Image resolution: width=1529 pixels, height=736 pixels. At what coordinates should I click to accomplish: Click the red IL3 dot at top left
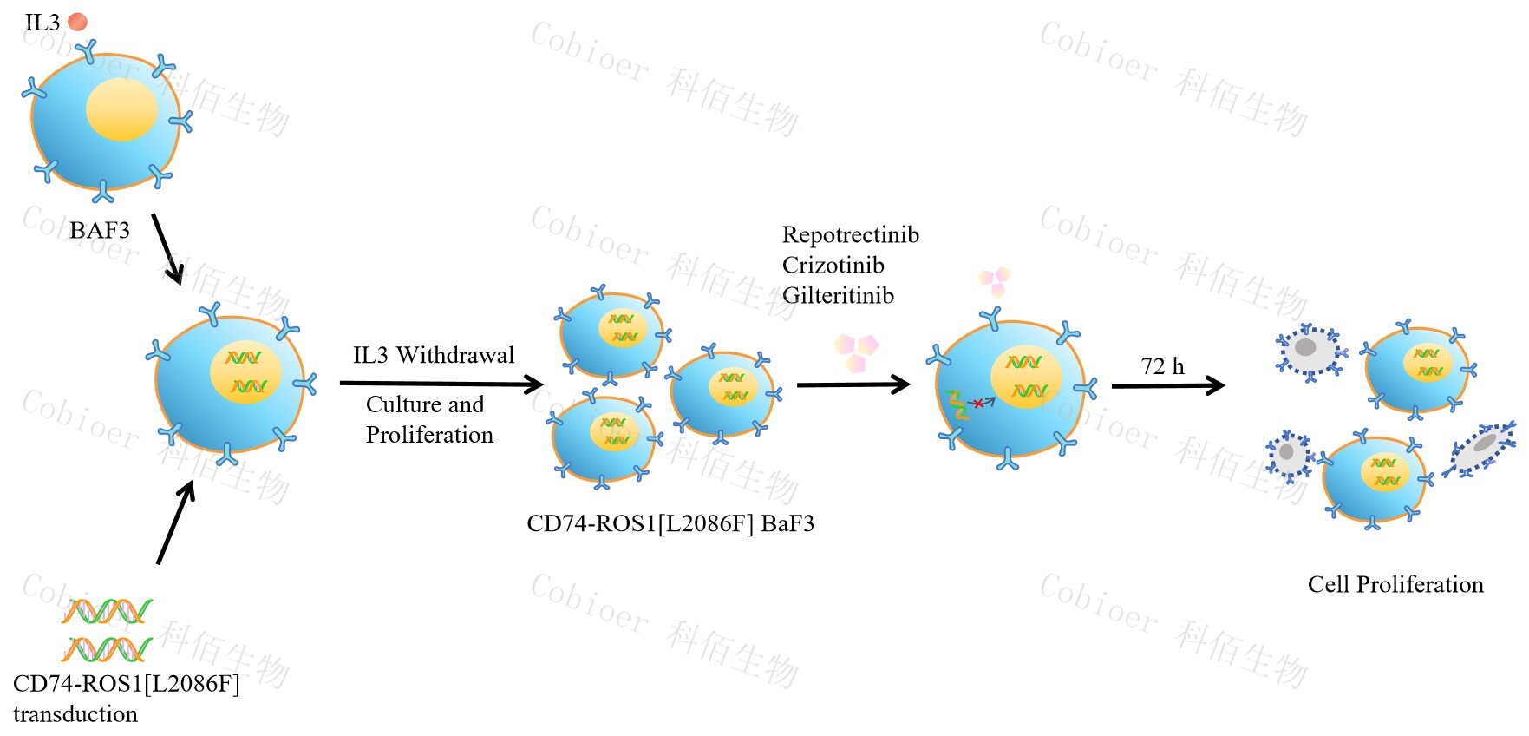(77, 22)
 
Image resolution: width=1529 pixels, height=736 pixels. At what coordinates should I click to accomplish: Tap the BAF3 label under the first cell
(100, 230)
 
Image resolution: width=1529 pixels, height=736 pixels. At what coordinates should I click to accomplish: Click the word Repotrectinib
(850, 235)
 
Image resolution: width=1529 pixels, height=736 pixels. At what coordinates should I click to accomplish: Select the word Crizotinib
(833, 266)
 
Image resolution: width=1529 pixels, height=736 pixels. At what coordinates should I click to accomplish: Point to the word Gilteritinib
(838, 296)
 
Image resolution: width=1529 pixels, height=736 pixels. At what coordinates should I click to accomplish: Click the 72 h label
(1162, 366)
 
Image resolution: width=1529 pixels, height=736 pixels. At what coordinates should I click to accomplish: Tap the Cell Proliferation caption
(1395, 584)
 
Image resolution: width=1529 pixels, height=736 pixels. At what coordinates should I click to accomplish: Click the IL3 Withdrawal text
(433, 355)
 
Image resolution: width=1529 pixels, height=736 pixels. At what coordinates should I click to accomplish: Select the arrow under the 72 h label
(1167, 385)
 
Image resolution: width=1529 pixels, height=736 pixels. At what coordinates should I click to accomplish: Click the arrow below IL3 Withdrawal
(441, 384)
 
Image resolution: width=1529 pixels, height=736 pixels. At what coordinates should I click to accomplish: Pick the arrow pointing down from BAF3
(167, 248)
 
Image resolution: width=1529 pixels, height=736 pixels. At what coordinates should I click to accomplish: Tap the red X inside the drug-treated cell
(978, 403)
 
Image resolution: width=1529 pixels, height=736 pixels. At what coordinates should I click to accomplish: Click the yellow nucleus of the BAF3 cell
(121, 109)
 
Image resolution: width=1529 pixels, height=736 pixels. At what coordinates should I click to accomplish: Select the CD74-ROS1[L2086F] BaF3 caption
(670, 523)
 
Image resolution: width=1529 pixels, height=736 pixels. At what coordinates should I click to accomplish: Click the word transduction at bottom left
(75, 714)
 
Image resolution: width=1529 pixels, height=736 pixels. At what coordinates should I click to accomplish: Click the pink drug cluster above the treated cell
(995, 280)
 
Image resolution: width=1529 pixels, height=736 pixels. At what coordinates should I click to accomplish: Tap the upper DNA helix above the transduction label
(107, 612)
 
